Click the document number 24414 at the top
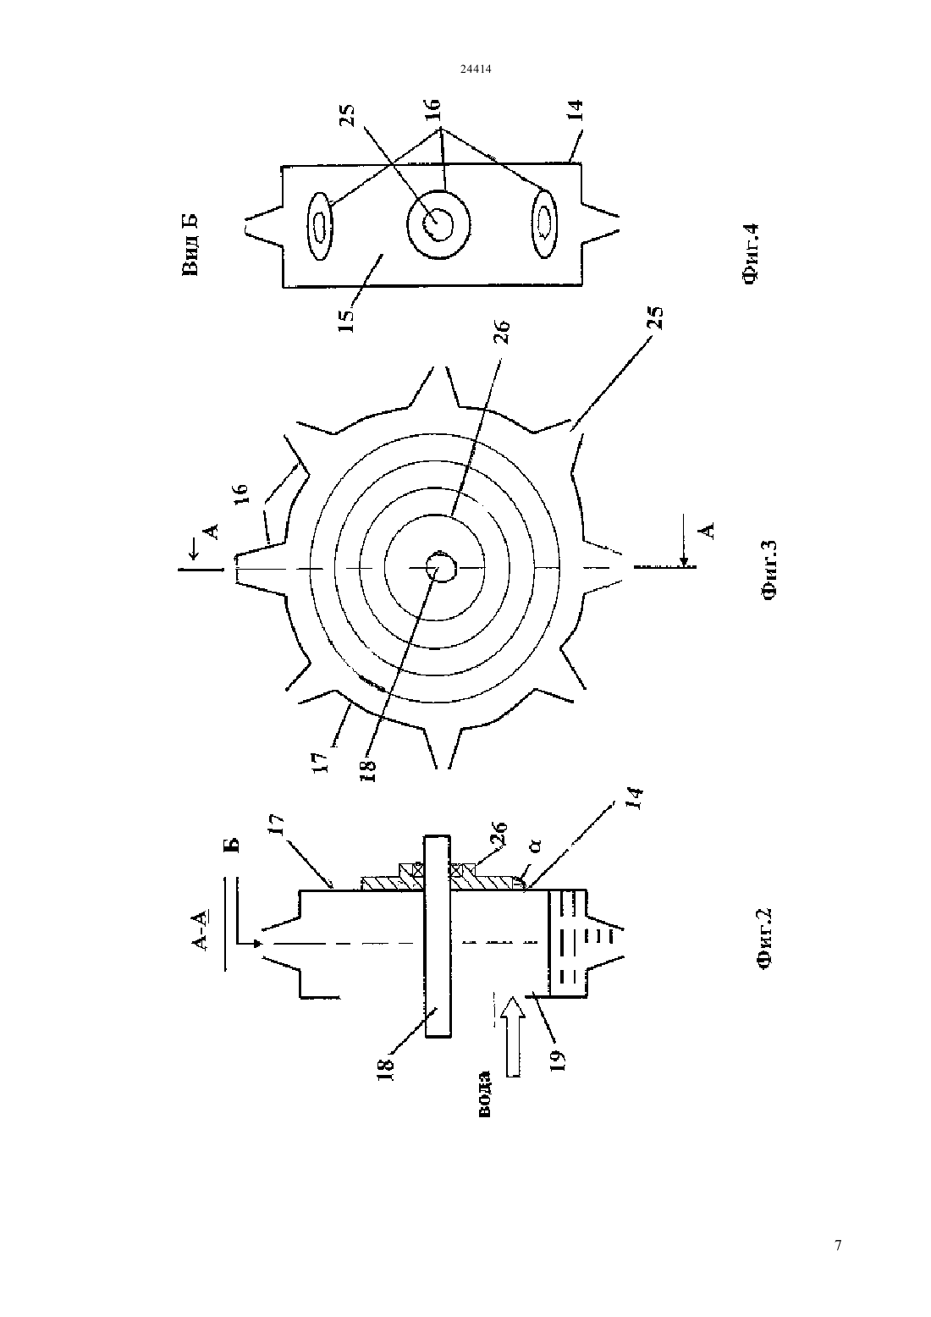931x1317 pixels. pos(476,69)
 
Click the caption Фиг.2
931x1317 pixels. pos(764,946)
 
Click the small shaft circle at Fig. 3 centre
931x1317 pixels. pos(439,567)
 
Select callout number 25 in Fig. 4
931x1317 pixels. pos(348,115)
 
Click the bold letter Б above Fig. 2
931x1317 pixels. pos(232,845)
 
